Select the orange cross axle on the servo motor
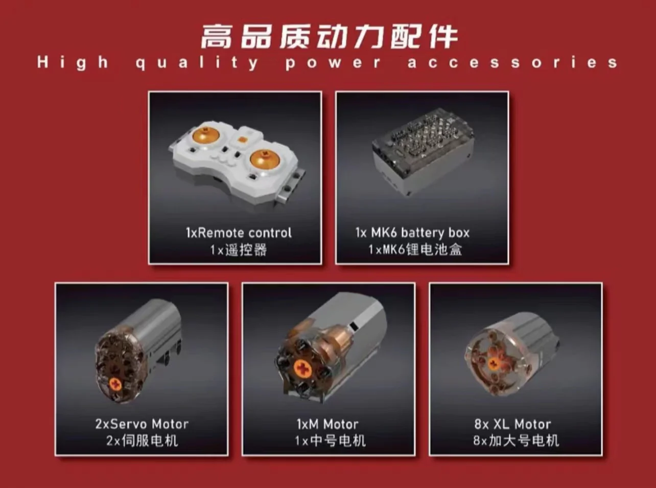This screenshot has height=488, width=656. (115, 384)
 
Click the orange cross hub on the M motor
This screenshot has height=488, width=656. (303, 369)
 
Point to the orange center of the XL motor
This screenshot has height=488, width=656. (494, 363)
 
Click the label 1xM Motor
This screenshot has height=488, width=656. (327, 424)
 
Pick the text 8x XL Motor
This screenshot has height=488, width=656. (512, 424)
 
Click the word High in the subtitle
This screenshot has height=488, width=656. (73, 63)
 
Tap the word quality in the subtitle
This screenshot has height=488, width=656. (197, 63)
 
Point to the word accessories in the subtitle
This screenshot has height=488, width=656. (513, 63)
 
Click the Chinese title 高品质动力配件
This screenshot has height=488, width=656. (329, 37)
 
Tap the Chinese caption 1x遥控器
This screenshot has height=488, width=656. (239, 250)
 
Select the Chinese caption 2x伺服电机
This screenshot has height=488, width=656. (142, 441)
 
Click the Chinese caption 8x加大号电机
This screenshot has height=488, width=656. (516, 441)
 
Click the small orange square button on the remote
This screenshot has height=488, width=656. (242, 140)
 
